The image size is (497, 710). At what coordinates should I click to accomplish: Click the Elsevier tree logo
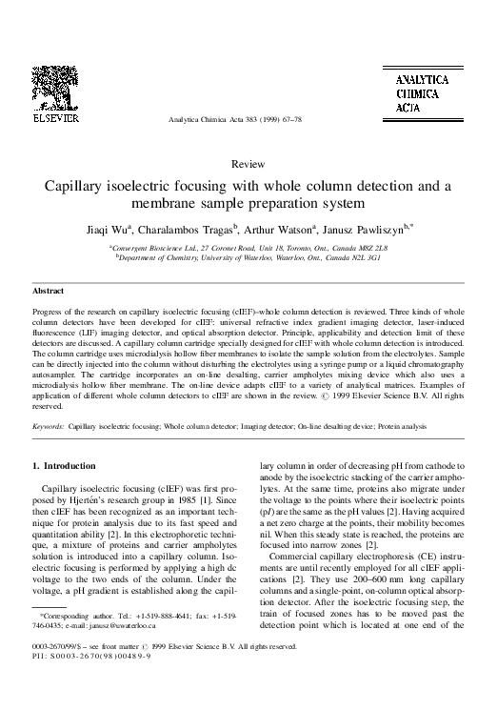pos(58,101)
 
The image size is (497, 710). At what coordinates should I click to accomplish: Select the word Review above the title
pos(248,164)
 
